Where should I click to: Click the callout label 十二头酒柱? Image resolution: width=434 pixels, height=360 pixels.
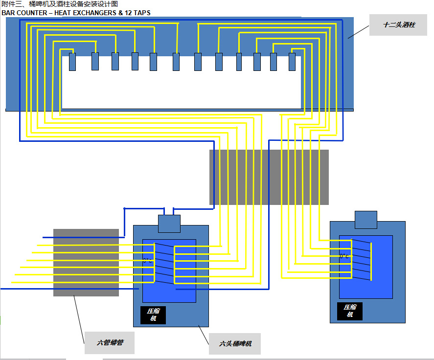pyautogui.click(x=399, y=24)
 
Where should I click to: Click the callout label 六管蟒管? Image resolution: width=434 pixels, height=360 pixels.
pyautogui.click(x=109, y=343)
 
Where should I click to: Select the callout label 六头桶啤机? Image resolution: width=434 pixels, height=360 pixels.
pyautogui.click(x=234, y=344)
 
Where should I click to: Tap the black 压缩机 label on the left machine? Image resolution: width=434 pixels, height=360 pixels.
pyautogui.click(x=153, y=315)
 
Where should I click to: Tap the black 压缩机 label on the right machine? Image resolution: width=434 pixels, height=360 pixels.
pyautogui.click(x=349, y=311)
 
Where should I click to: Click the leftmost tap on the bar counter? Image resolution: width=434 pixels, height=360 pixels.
pyautogui.click(x=72, y=62)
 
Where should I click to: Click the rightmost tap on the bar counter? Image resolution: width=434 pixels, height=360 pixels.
pyautogui.click(x=292, y=62)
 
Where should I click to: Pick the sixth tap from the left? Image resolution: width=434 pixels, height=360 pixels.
pyautogui.click(x=176, y=62)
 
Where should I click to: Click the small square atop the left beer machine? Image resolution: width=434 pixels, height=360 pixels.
pyautogui.click(x=169, y=224)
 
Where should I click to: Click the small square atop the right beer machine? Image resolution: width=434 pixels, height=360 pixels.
pyautogui.click(x=365, y=220)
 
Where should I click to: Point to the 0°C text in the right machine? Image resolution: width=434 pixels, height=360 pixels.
pyautogui.click(x=344, y=256)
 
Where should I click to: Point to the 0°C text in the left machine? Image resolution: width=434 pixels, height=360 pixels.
pyautogui.click(x=147, y=261)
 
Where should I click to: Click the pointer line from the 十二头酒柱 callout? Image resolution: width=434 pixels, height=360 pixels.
pyautogui.click(x=358, y=30)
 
